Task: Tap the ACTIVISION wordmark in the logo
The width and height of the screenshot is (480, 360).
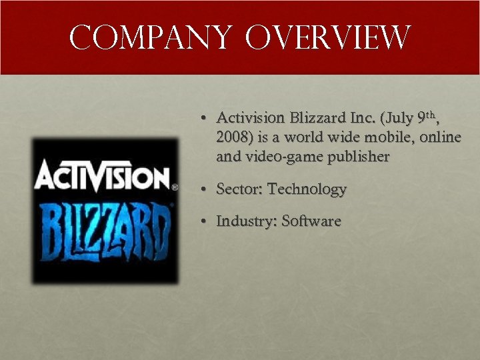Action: [101, 179]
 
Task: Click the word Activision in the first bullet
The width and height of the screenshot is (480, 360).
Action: [250, 119]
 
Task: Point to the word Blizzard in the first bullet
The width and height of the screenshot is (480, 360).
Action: [318, 119]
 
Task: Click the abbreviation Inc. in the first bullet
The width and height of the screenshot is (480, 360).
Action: [363, 119]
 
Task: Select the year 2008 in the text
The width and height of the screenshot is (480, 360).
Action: [231, 137]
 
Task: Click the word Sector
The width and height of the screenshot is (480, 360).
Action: [239, 189]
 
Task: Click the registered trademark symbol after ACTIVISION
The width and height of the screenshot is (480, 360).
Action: [175, 188]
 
